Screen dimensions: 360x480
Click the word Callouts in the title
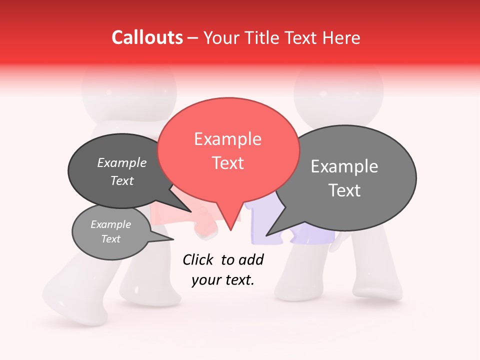tap(147, 37)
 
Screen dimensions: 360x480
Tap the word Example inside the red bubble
tap(227, 139)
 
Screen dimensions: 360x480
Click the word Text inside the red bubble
tap(228, 163)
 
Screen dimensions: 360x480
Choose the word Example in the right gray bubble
tap(344, 166)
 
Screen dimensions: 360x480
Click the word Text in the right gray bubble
tap(344, 190)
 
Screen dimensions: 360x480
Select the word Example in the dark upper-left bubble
tap(121, 163)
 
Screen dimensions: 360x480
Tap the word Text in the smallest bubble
tap(110, 239)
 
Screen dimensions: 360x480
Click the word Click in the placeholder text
tap(198, 259)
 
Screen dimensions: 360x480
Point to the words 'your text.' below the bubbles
tap(223, 280)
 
